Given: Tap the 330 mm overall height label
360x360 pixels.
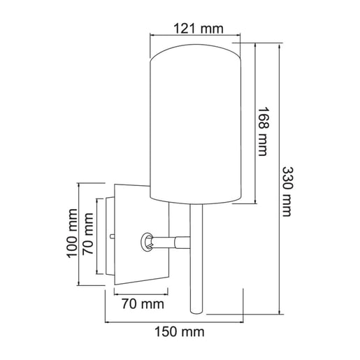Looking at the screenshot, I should (287, 191).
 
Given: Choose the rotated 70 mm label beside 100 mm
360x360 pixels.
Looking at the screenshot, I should (89, 234).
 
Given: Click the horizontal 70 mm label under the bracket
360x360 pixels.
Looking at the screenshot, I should (142, 304).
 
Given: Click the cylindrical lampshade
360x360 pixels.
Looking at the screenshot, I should (196, 126).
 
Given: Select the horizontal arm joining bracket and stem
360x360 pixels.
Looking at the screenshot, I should (171, 242).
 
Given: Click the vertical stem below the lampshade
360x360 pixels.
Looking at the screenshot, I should (196, 266).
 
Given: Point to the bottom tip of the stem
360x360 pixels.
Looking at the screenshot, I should (196, 312).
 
